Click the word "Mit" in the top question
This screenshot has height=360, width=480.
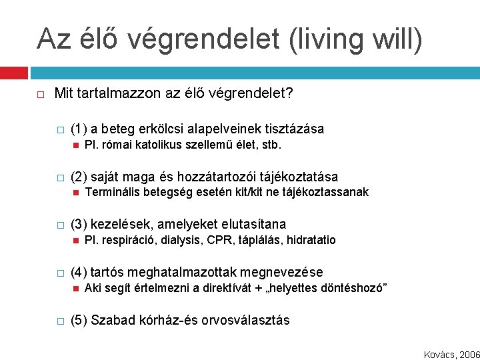coord(63,93)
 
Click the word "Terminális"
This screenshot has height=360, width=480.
coord(111,192)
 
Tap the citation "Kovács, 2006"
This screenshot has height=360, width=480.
coord(451,355)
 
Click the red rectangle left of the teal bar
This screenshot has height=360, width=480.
coord(13,72)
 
